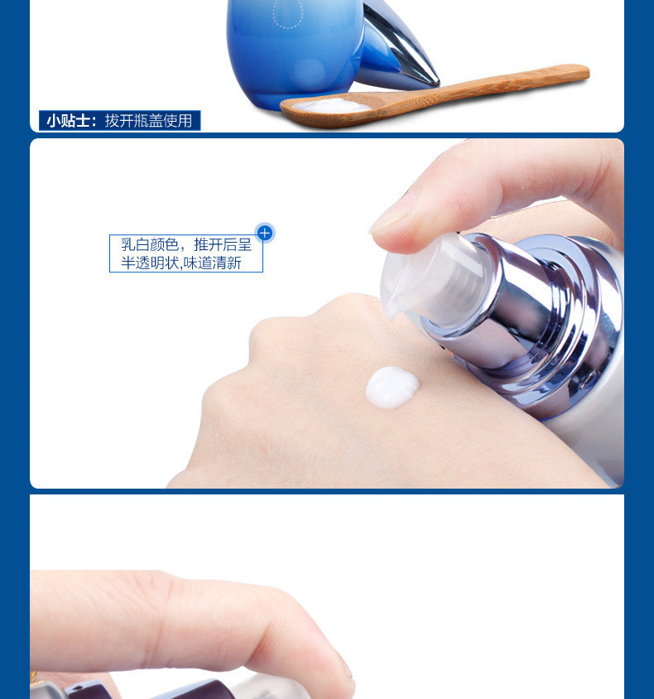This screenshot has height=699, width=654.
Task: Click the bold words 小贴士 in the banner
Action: [68, 121]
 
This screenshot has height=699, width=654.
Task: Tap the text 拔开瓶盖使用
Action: [148, 121]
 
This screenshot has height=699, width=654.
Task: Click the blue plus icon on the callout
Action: [265, 233]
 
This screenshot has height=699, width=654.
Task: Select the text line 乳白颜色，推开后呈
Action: [186, 244]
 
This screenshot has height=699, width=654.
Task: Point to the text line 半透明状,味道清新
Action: [180, 263]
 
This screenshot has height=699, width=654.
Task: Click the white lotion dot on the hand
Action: [392, 388]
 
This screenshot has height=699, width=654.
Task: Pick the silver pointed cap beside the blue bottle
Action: [399, 49]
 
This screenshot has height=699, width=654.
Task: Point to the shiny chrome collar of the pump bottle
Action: [535, 312]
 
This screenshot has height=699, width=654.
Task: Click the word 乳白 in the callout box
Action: [135, 244]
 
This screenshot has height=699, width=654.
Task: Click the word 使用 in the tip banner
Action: [178, 121]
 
